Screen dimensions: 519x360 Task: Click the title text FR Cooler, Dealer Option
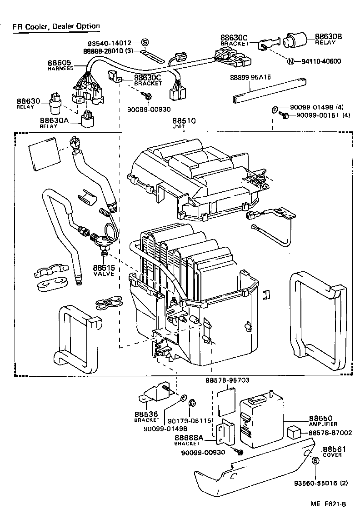click(56, 26)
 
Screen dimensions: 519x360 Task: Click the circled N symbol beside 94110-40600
click(290, 61)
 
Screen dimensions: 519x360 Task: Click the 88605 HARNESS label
click(61, 65)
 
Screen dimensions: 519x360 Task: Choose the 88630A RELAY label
click(54, 122)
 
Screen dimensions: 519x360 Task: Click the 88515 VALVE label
click(104, 270)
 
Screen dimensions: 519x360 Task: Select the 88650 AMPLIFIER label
click(323, 420)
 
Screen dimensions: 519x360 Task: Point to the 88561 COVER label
click(334, 451)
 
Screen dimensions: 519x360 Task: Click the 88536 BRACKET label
click(146, 416)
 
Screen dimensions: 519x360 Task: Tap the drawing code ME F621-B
click(329, 504)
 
